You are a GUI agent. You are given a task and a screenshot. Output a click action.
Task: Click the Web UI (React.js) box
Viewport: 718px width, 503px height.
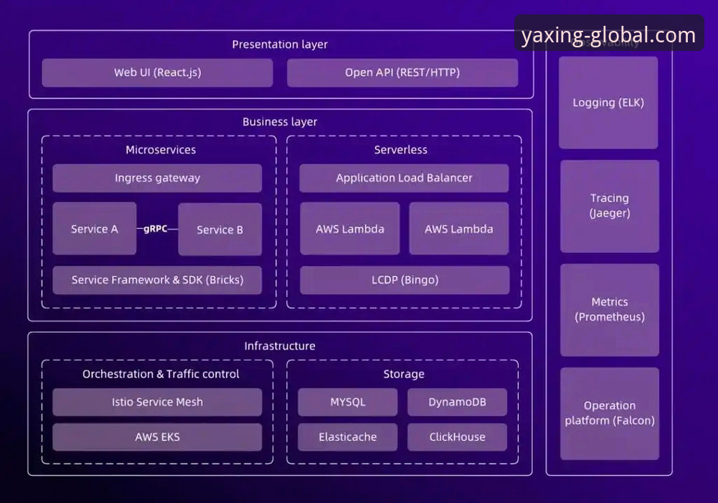157,72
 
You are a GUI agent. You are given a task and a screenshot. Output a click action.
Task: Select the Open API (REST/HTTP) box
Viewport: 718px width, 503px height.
402,72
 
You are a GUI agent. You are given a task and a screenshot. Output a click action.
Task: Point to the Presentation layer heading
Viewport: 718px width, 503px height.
280,44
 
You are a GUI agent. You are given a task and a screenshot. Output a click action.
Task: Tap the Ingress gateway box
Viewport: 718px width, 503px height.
157,178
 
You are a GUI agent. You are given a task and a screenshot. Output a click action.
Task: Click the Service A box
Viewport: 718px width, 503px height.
94,229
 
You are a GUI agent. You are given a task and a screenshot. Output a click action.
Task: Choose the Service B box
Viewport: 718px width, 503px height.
219,230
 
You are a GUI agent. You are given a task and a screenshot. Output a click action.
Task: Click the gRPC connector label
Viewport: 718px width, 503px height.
156,229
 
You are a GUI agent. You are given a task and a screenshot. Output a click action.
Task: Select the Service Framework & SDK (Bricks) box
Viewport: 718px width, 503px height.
157,280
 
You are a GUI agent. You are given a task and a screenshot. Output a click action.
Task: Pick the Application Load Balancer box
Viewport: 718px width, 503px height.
404,178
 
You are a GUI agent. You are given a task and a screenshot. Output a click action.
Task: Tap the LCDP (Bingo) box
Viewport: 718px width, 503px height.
405,280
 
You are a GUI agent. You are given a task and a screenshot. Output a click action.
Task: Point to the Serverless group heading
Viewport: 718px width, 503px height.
400,150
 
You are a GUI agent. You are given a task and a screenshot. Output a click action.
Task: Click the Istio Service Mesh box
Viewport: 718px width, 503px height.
157,402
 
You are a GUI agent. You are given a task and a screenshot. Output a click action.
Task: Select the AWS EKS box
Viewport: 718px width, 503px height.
157,436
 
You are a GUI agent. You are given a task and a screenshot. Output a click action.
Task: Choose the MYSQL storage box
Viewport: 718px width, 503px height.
348,402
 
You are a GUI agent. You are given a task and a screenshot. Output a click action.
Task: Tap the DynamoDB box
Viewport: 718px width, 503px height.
457,402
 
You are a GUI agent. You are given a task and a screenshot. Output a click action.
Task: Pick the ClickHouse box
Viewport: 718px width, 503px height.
457,436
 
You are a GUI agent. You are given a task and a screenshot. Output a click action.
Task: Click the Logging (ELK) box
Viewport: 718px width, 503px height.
608,103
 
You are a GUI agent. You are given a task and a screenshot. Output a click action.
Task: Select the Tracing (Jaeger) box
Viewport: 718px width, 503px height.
609,206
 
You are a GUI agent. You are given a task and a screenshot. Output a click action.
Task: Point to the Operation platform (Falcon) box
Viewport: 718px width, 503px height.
609,413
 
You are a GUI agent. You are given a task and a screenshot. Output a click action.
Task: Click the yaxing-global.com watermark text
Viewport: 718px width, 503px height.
608,35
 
